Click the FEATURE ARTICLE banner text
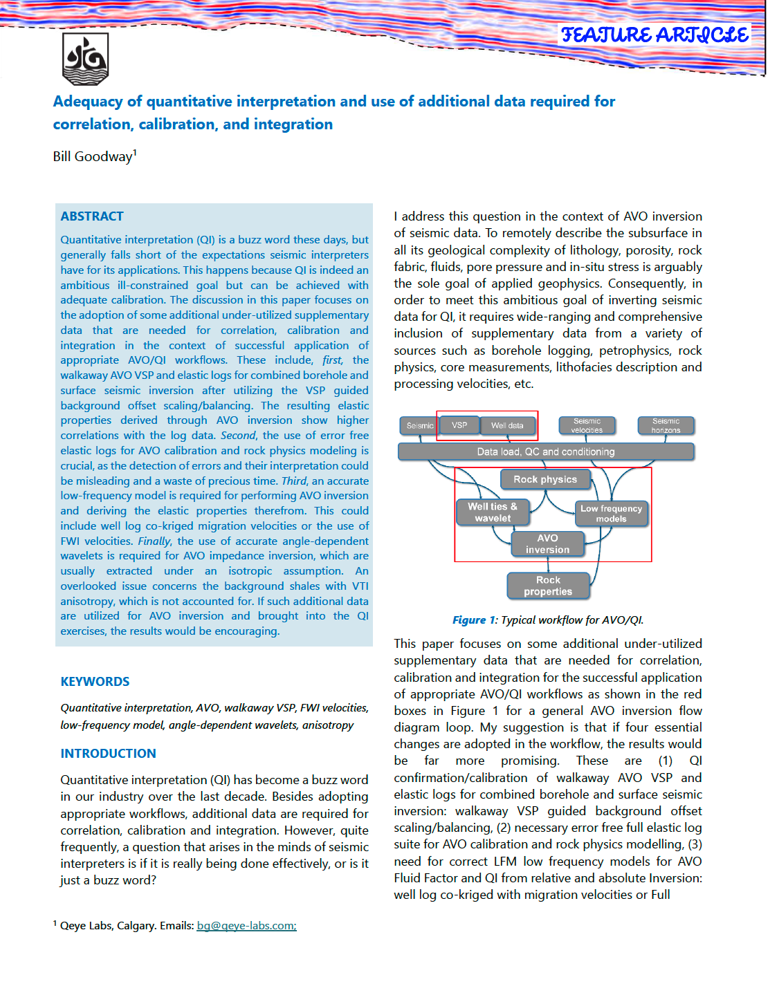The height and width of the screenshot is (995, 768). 655,35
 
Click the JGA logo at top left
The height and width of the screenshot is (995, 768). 86,59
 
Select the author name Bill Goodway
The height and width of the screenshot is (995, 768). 93,156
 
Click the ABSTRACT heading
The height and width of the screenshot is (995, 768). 92,216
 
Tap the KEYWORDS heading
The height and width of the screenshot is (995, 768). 95,682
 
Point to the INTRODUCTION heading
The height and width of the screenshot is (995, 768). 108,754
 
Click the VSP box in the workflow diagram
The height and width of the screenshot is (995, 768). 459,425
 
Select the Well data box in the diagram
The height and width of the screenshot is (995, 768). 507,425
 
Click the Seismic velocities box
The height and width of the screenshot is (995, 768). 587,425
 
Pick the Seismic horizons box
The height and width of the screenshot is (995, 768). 666,425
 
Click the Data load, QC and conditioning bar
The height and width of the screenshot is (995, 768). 546,452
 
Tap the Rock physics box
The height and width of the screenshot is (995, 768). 545,479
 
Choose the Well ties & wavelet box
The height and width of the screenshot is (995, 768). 493,512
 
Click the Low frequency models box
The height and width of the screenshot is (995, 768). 611,514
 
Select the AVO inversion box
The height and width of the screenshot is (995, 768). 547,544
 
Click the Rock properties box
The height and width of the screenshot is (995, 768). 548,586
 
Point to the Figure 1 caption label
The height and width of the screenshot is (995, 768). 475,620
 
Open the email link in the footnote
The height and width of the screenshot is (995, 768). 246,926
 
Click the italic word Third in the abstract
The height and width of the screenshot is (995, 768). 294,481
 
